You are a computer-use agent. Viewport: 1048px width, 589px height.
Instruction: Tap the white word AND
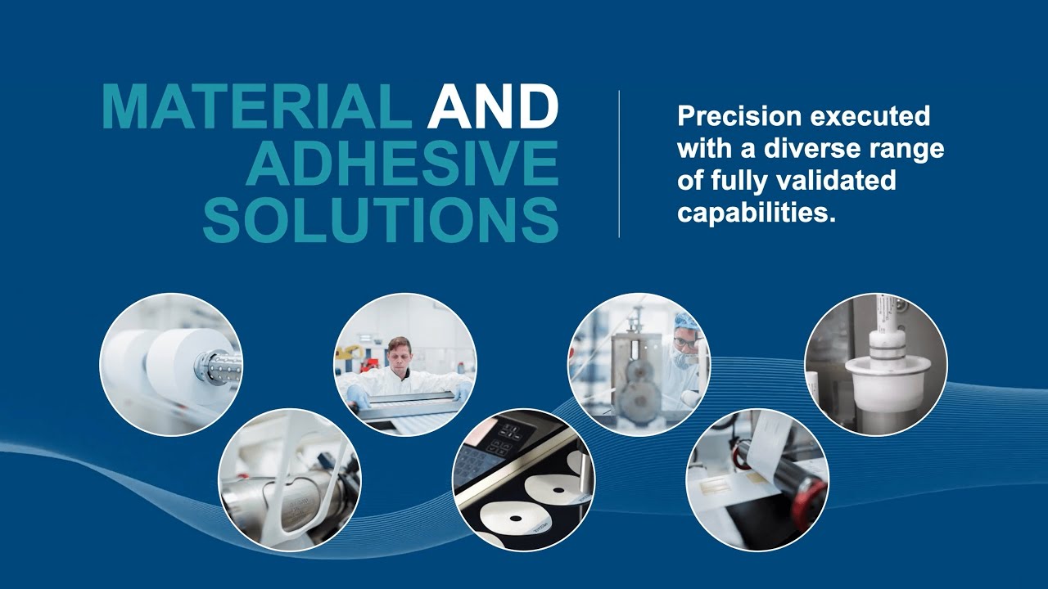click(493, 107)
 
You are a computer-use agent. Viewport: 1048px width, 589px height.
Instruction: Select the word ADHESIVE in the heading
click(402, 164)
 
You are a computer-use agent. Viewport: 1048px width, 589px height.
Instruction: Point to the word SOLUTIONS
click(381, 219)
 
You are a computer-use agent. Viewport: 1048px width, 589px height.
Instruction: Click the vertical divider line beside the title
click(619, 164)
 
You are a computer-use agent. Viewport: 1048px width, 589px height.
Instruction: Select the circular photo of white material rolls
click(170, 364)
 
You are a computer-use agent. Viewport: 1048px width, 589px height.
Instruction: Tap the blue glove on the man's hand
click(358, 394)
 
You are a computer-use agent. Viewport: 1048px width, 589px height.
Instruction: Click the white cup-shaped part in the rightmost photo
click(875, 384)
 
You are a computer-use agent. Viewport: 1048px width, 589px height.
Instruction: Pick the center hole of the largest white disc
click(559, 492)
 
